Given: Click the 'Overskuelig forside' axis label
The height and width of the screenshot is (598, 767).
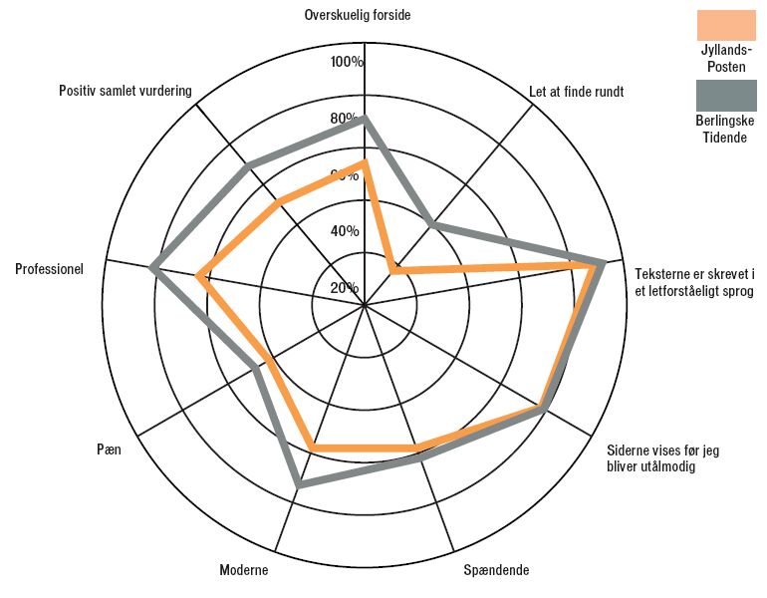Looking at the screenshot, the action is pos(357,15).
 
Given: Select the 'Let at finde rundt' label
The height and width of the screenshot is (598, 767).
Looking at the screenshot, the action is pos(576,92).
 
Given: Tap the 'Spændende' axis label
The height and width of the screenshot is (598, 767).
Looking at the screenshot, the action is pos(496,570).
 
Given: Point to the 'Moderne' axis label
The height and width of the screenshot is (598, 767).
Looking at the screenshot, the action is pos(244,570).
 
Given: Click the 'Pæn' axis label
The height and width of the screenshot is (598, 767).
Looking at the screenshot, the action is pos(109,449).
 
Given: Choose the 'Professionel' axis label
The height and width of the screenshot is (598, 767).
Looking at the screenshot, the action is pos(50,269).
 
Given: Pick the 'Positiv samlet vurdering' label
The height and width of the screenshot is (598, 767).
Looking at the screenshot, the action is pos(126,91).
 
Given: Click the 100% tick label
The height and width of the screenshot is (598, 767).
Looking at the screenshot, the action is pos(347,62).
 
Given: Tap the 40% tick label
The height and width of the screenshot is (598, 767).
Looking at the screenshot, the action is pos(345,231).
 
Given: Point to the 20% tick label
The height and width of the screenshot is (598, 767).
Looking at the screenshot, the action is pos(345,288).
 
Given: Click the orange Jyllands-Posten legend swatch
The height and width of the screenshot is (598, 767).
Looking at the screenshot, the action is pos(726,25).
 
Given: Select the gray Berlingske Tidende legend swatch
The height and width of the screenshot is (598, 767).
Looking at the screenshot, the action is pos(726,96).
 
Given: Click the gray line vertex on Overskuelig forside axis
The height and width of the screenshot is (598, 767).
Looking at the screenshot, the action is pos(364,119).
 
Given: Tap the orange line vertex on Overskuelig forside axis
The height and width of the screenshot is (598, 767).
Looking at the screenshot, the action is pos(364,163).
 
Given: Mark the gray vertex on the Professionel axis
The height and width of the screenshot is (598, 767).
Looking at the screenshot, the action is pos(152,267).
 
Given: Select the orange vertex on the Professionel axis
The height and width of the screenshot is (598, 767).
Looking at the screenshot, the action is pos(197,276).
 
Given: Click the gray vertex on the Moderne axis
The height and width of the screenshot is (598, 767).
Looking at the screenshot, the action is pos(300,486).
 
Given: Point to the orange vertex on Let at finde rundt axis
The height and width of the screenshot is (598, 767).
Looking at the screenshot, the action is pos(391,271).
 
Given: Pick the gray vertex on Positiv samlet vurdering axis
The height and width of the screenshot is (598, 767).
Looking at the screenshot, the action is pos(247,166).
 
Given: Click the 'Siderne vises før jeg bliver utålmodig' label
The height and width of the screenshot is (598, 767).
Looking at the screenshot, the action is pos(663,458).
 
